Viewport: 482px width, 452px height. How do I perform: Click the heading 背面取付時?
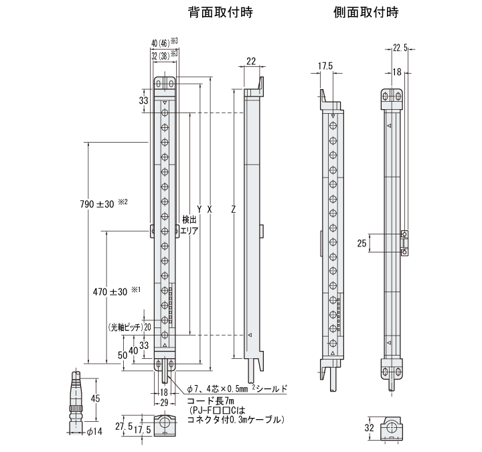coord(212,12)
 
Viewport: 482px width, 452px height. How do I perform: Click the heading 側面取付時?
coord(359,12)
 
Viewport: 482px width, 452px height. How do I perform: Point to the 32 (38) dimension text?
coord(161,54)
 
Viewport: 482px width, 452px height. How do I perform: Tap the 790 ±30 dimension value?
coord(97,203)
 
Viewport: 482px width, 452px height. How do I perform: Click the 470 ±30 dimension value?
coord(109,292)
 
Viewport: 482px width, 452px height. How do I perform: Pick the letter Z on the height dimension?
coord(232,209)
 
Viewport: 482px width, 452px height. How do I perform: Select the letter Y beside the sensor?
coord(199,209)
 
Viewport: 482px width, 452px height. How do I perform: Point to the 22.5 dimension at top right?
coord(400,48)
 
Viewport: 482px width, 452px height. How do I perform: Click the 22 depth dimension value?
coord(251,62)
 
